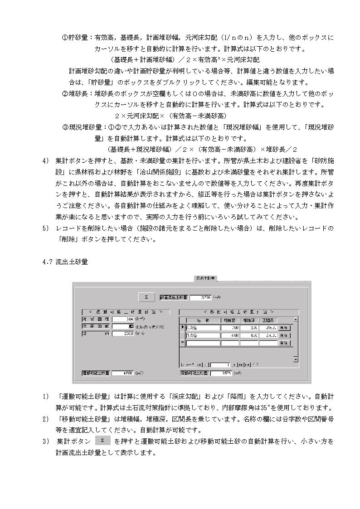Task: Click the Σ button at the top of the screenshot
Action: pos(146,297)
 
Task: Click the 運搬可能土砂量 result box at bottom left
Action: pos(122,373)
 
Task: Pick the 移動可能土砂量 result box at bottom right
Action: pos(221,373)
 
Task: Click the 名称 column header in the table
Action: pos(203,320)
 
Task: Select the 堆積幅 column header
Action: pos(230,320)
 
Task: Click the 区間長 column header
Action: pos(268,320)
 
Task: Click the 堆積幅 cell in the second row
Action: pos(230,335)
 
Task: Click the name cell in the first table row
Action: pos(203,327)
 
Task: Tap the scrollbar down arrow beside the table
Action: pos(296,359)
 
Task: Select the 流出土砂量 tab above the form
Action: pos(205,278)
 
